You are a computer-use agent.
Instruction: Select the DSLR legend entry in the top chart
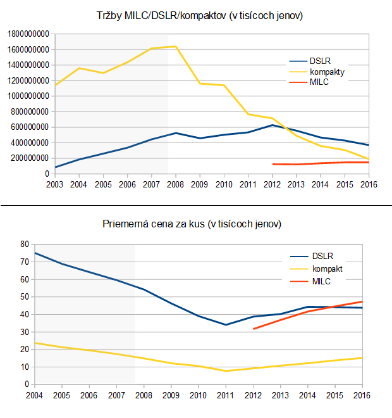click(320, 61)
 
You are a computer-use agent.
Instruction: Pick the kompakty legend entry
click(327, 72)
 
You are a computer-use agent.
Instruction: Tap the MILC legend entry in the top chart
click(319, 82)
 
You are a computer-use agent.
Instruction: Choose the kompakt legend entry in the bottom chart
click(326, 269)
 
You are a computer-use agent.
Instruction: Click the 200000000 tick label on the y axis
click(28, 158)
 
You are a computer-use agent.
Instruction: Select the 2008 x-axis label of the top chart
click(176, 185)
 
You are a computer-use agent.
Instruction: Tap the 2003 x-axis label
click(55, 185)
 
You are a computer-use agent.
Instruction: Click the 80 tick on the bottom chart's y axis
click(25, 244)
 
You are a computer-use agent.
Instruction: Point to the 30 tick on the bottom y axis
click(25, 332)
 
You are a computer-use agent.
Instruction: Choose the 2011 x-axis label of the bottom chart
click(226, 396)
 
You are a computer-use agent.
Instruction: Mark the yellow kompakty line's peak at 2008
click(176, 46)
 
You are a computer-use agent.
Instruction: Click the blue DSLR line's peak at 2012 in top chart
click(272, 125)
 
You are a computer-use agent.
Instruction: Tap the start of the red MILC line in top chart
click(272, 164)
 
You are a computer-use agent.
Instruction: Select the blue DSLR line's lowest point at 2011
click(226, 324)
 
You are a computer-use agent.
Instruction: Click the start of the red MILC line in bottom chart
click(253, 329)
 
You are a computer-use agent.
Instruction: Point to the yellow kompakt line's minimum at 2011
click(226, 370)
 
